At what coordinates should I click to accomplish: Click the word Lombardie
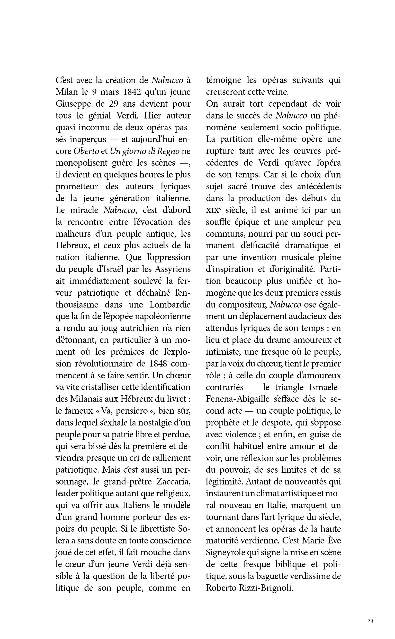(170, 305)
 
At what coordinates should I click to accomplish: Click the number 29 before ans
(112, 104)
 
